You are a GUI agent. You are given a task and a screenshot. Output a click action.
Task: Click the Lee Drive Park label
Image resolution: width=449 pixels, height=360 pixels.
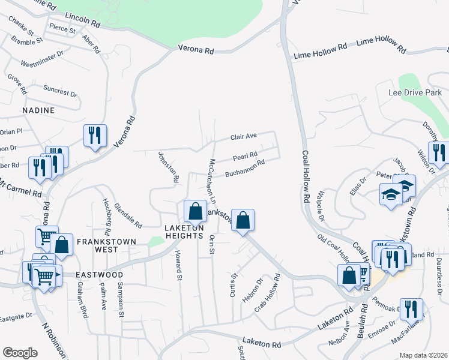(x=415, y=92)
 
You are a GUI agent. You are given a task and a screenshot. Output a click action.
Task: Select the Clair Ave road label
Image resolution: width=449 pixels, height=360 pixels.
(x=244, y=137)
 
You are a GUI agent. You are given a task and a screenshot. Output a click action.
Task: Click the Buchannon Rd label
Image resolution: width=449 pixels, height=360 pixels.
(x=245, y=169)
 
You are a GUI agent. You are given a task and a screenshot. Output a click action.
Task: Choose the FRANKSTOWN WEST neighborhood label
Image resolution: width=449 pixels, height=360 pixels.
(x=106, y=241)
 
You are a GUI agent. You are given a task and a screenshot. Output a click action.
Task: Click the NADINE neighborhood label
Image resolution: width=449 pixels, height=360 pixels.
(x=38, y=111)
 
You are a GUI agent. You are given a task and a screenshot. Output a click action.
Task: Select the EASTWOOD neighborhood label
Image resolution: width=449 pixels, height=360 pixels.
(x=99, y=275)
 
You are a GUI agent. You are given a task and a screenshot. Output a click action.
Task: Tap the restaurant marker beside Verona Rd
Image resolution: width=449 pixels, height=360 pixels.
(x=95, y=136)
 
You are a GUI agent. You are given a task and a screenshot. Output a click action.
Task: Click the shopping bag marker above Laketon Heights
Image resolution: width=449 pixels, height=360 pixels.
(x=194, y=211)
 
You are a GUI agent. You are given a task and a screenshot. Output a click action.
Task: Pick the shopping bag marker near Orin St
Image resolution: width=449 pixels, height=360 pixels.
(x=243, y=220)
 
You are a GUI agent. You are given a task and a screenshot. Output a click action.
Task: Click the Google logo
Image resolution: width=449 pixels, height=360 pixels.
(x=20, y=353)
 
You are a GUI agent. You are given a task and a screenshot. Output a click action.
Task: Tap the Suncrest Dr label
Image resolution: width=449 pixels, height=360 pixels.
(x=61, y=91)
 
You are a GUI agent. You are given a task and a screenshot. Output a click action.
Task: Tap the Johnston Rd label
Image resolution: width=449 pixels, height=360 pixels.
(x=169, y=167)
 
